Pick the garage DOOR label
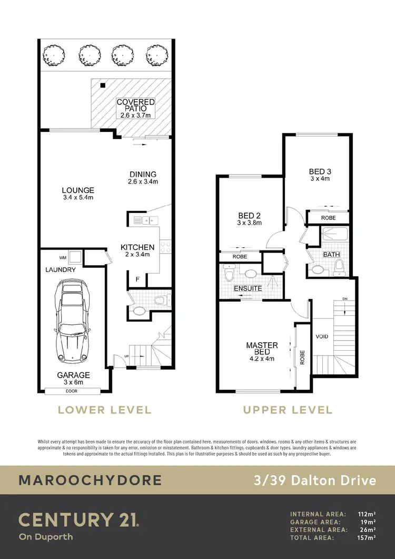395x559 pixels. pyautogui.click(x=72, y=391)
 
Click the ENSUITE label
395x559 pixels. pyautogui.click(x=248, y=288)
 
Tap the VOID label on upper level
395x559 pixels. pyautogui.click(x=322, y=336)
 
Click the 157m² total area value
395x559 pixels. pyautogui.click(x=367, y=537)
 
